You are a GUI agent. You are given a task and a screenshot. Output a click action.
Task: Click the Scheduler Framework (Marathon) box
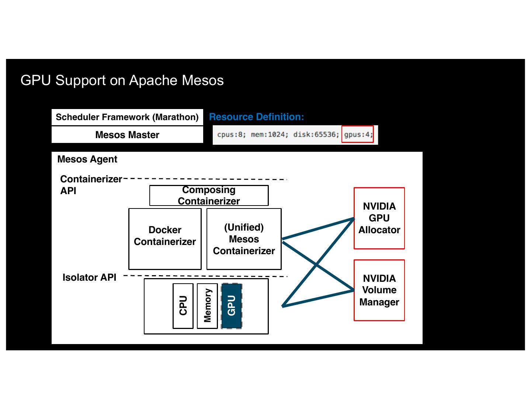[127, 117]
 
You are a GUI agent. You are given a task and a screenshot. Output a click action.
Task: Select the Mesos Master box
[127, 135]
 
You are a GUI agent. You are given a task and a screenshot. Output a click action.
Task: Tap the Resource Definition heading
[256, 117]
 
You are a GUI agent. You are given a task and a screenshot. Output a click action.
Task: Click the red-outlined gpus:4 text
[358, 134]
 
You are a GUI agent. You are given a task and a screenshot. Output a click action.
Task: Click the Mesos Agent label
[87, 159]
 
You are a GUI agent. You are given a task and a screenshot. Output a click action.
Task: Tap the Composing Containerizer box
[209, 196]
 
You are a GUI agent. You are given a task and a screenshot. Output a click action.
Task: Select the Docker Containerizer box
[165, 239]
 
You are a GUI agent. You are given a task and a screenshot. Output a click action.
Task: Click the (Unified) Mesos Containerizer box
[244, 239]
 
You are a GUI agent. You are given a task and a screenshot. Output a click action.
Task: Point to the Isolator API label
[89, 277]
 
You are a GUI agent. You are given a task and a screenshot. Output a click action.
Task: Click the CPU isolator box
[183, 306]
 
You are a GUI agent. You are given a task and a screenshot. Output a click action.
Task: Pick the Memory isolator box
[207, 306]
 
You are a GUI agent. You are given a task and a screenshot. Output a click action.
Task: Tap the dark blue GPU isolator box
[232, 306]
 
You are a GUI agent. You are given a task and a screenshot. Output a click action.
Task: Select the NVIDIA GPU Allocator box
[379, 218]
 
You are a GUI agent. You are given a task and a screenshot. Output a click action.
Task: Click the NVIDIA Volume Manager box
[379, 290]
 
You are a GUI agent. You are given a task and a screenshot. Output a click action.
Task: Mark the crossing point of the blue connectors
[316, 264]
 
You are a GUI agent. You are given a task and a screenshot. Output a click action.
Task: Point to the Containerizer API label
[91, 185]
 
